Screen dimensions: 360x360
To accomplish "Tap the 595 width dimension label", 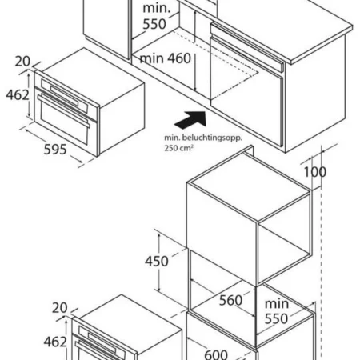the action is (55, 150).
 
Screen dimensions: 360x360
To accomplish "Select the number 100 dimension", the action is (315, 172).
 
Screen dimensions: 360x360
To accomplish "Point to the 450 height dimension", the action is (157, 261).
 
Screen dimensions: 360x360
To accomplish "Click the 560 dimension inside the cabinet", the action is (230, 300).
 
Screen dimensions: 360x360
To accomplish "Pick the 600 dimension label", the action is (216, 354).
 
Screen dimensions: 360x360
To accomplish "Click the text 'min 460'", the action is (166, 58).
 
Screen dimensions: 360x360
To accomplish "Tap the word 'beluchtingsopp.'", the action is (212, 138).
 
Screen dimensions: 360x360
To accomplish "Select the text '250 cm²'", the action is (178, 148).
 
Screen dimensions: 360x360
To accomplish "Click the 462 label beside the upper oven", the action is (18, 95).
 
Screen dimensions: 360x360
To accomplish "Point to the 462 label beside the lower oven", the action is (55, 342).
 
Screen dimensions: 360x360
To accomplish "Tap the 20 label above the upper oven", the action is (22, 62).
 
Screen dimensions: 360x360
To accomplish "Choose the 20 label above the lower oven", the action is (60, 308).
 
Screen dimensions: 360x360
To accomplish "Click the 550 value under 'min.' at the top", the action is (154, 24).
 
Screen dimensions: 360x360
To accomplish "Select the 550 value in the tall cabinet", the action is (276, 318).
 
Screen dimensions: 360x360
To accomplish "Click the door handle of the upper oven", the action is (63, 111).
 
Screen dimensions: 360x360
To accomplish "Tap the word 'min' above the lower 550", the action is (277, 304).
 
